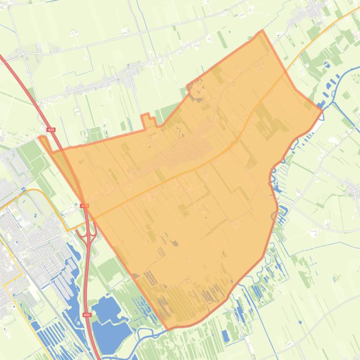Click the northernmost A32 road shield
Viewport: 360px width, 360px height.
coord(51,130)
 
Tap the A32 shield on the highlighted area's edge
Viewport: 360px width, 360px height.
coord(84,206)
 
